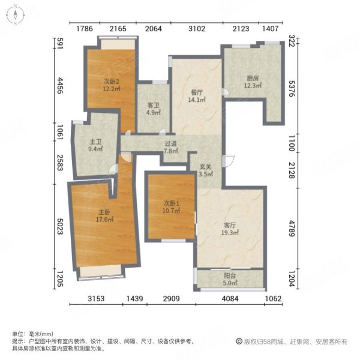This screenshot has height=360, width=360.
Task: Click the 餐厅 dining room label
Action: (197, 92)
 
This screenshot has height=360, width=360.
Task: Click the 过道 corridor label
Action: (171, 144)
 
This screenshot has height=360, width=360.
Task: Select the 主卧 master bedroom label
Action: (104, 212)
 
